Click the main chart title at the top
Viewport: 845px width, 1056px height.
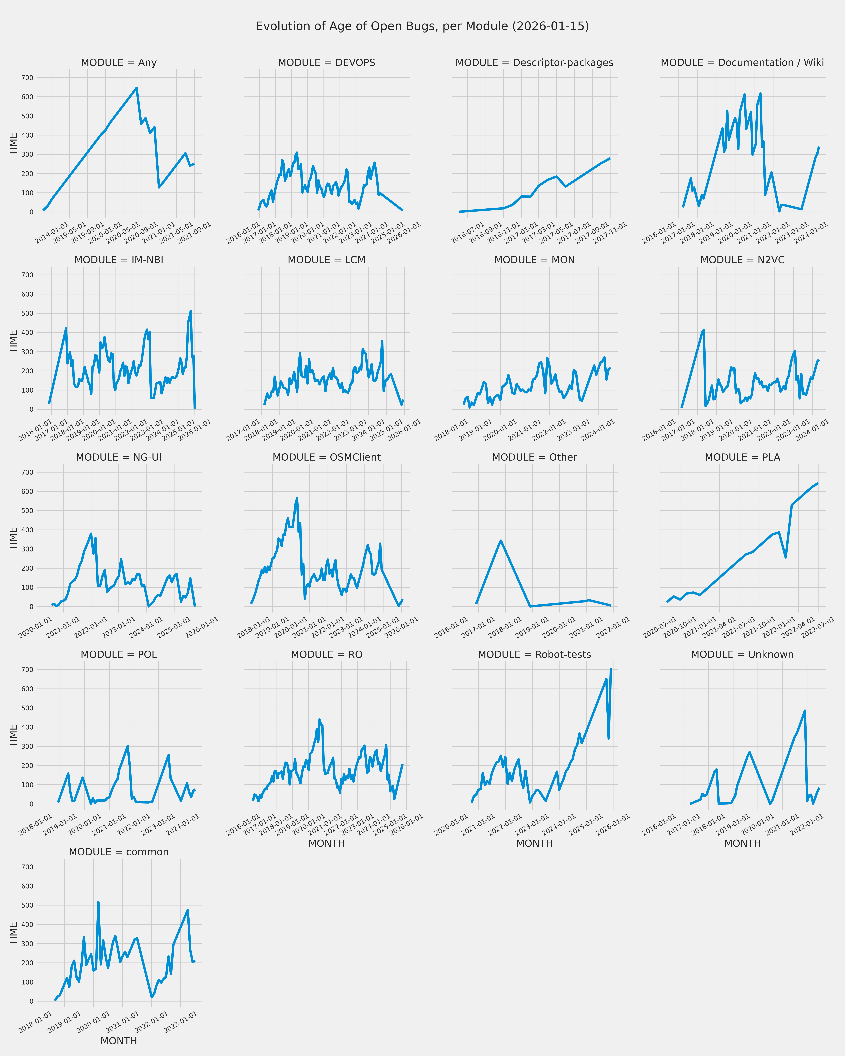[422, 26]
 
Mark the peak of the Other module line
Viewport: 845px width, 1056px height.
[501, 541]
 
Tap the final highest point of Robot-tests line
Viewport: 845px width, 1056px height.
[611, 670]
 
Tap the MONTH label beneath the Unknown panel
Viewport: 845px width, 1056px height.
[742, 843]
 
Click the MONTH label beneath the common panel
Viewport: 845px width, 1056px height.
[119, 1041]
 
